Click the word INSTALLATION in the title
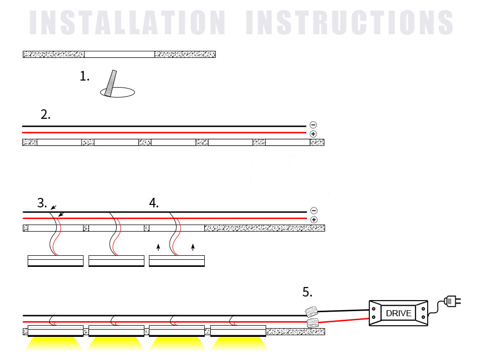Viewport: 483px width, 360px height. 127,23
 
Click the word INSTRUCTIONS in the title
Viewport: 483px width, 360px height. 350,23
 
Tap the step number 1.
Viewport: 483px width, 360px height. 85,76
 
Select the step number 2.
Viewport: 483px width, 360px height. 45,114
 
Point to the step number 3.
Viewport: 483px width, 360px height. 42,203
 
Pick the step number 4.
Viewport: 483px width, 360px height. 154,203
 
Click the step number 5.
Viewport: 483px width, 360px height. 307,292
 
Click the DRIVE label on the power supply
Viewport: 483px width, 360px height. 398,313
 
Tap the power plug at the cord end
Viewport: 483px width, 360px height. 452,301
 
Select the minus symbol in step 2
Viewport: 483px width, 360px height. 313,125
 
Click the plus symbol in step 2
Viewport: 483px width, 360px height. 313,134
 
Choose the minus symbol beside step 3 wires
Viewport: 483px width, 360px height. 314,210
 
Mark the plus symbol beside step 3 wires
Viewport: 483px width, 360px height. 314,220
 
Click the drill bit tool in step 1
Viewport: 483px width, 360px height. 111,83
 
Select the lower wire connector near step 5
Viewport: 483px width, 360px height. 312,323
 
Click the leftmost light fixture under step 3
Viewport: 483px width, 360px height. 55,261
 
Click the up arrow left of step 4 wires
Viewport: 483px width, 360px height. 158,247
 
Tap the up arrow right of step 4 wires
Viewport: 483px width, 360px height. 193,247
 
